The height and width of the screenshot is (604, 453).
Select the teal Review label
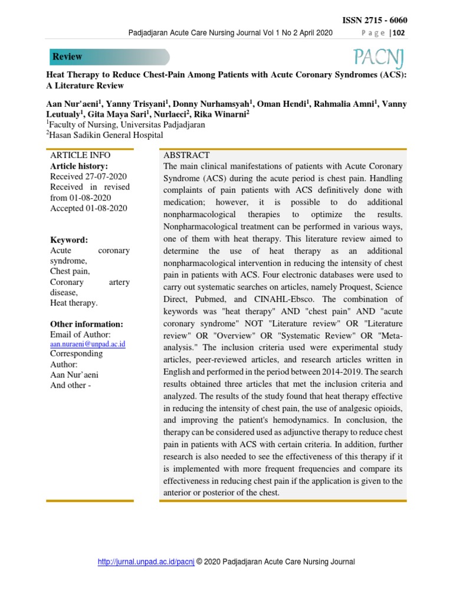pos(68,57)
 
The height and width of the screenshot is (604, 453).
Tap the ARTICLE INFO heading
pos(80,155)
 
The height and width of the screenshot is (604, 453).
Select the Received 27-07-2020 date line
pos(88,176)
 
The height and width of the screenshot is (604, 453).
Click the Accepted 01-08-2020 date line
pos(88,208)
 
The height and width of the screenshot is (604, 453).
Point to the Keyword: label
pos(69,240)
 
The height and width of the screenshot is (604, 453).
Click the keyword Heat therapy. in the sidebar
pos(74,303)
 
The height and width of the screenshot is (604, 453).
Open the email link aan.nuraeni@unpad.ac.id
pos(88,344)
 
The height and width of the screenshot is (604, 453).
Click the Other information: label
pos(87,324)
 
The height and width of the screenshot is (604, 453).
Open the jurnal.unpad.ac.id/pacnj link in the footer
pos(146,562)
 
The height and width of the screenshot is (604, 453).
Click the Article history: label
pos(79,166)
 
